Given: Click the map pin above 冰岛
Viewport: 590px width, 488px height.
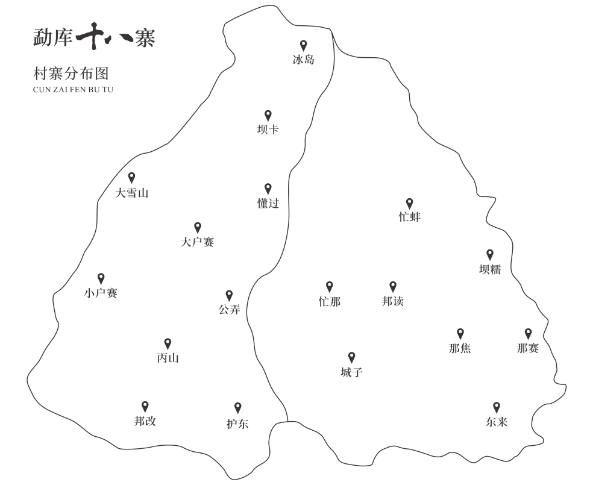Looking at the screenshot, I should [304, 45].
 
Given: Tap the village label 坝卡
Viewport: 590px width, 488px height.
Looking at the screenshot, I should [268, 130].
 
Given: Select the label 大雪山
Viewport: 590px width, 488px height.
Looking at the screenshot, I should [131, 193].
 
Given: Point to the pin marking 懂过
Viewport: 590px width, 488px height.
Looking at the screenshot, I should [268, 189].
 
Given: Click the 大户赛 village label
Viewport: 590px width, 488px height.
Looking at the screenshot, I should [197, 242].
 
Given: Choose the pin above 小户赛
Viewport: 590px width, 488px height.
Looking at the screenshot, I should [101, 278].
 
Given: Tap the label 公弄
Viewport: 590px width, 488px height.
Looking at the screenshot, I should [229, 310].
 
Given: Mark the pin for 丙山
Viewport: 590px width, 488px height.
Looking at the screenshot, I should [168, 343].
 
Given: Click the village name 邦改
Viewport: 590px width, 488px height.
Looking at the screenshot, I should [145, 422].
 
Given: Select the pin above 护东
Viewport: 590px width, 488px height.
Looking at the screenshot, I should [237, 408].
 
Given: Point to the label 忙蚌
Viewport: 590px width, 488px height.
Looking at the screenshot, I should [409, 217].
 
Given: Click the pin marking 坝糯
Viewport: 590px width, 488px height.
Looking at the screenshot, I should [490, 255].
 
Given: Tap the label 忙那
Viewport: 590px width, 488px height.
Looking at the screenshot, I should [330, 301].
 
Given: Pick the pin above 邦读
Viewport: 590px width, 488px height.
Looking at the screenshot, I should [393, 286].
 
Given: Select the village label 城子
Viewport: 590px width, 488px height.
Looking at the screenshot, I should [351, 372].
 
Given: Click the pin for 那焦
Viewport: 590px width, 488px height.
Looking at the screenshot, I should [460, 333].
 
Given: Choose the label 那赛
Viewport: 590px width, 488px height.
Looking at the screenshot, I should [528, 348].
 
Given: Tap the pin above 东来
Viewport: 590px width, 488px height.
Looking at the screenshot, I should [497, 407].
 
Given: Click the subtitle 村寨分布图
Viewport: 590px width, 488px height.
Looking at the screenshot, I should [71, 74].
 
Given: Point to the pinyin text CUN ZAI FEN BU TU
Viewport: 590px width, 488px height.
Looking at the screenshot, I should [73, 90].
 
